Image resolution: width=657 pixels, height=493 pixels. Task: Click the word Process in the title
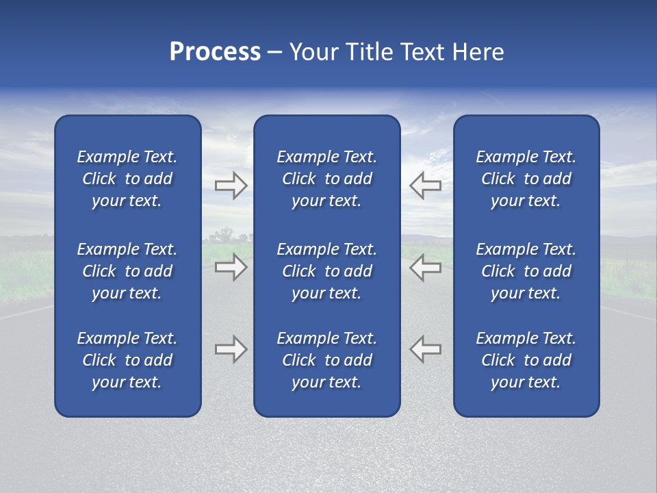pyautogui.click(x=215, y=52)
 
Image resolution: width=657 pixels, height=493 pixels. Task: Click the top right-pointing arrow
pyautogui.click(x=231, y=185)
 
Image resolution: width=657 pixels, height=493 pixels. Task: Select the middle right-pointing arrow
pyautogui.click(x=231, y=267)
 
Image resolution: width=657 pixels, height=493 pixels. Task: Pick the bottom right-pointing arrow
pyautogui.click(x=231, y=349)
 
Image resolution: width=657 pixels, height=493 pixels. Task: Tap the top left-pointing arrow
pyautogui.click(x=426, y=185)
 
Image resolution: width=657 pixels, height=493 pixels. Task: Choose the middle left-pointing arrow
pyautogui.click(x=426, y=267)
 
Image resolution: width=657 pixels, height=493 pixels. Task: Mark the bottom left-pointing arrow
pyautogui.click(x=426, y=349)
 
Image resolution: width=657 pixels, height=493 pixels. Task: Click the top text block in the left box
pyautogui.click(x=127, y=179)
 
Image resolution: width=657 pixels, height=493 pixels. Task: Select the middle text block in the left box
pyautogui.click(x=127, y=271)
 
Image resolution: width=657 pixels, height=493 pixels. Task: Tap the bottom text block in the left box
pyautogui.click(x=127, y=360)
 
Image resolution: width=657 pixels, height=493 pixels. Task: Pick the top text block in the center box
pyautogui.click(x=326, y=179)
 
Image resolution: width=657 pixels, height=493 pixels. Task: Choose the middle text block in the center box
pyautogui.click(x=326, y=271)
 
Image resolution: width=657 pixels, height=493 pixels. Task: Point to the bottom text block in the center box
pyautogui.click(x=326, y=360)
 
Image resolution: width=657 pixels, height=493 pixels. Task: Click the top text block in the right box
pyautogui.click(x=526, y=179)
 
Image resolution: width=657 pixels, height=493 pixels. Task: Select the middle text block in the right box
pyautogui.click(x=526, y=271)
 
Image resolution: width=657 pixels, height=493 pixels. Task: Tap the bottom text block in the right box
pyautogui.click(x=526, y=360)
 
